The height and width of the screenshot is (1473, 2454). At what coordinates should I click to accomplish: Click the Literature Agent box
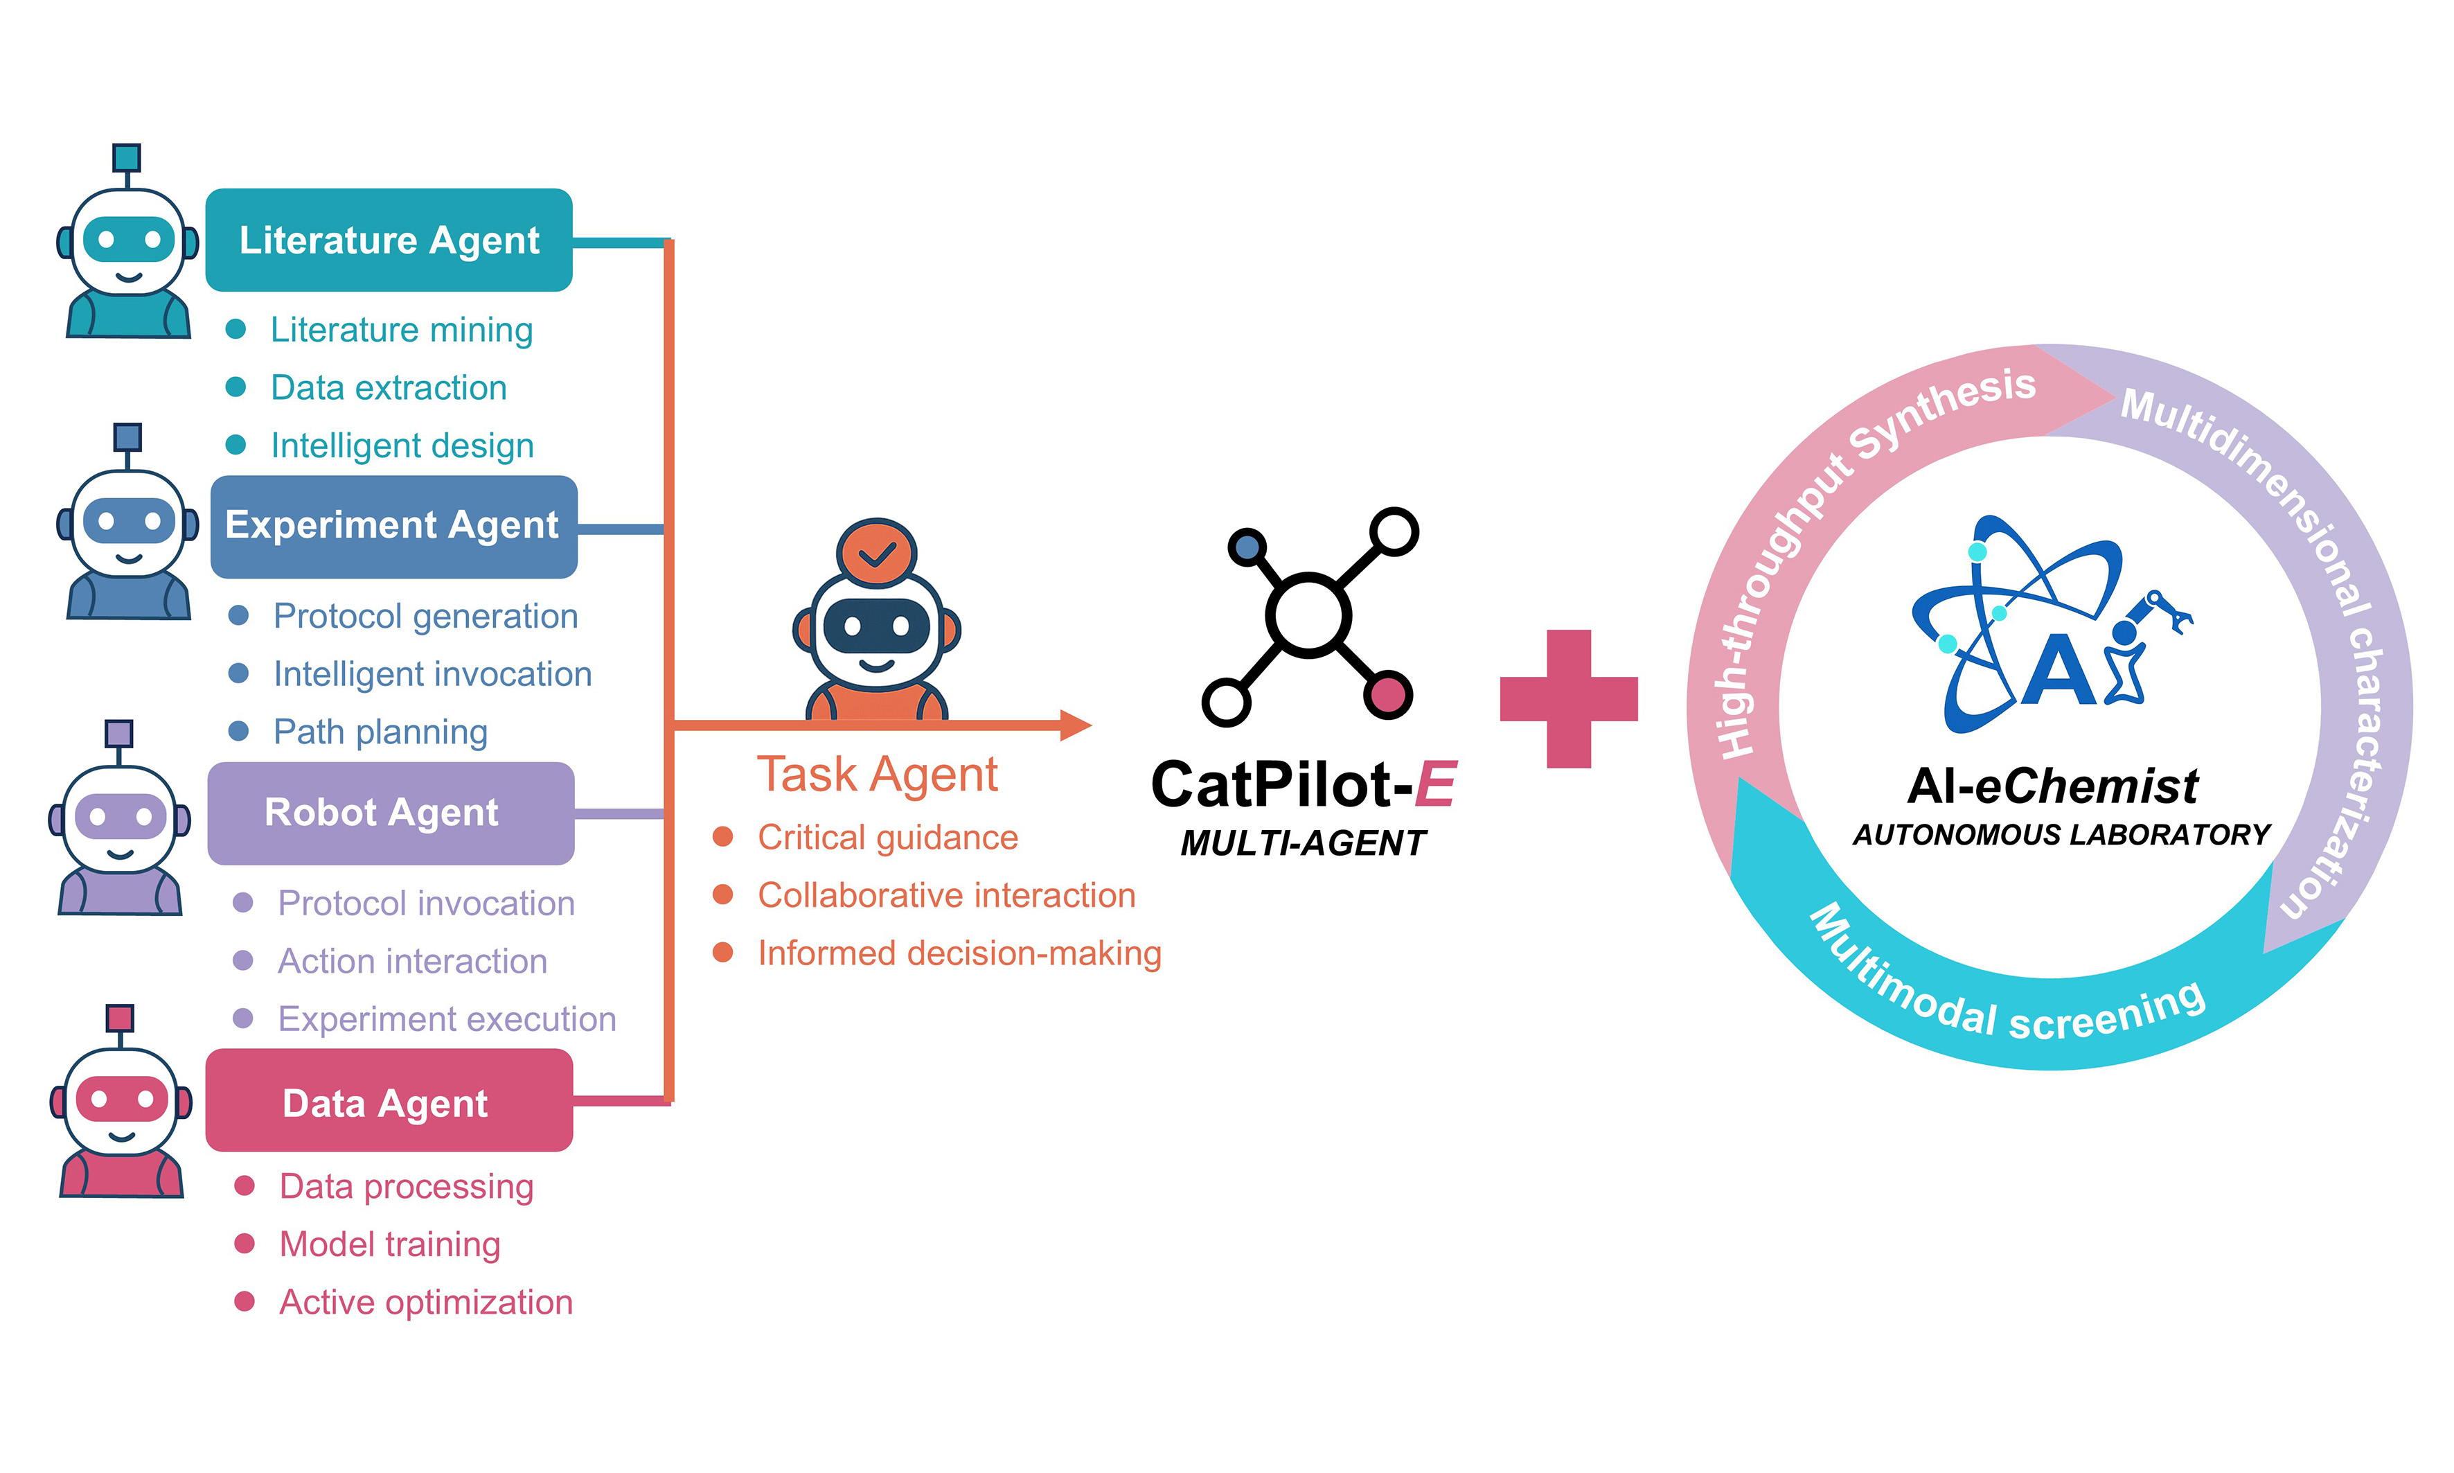click(389, 240)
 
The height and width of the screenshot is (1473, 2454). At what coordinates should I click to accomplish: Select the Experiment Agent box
click(394, 526)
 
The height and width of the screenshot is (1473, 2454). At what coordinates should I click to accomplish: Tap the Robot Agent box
click(391, 813)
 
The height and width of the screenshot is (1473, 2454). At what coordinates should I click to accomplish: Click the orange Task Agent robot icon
click(876, 619)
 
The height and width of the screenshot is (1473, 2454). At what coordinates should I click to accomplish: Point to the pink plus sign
click(1569, 699)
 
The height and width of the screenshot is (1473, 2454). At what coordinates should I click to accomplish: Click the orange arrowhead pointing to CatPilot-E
click(1076, 725)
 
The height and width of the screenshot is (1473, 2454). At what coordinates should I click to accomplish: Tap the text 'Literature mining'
click(402, 330)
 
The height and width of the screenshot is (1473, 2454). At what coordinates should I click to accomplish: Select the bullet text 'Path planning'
click(381, 732)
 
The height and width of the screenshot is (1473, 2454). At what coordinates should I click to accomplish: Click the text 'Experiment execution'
click(447, 1018)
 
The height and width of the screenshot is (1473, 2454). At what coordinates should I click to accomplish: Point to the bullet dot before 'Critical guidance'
click(722, 837)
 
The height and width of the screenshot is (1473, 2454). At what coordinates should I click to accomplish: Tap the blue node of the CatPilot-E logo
click(1247, 547)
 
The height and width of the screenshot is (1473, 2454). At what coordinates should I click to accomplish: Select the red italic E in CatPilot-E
click(1435, 785)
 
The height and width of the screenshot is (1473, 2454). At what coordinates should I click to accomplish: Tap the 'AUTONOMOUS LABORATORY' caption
click(2061, 835)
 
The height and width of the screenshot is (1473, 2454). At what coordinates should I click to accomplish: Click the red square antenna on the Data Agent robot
click(120, 1017)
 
